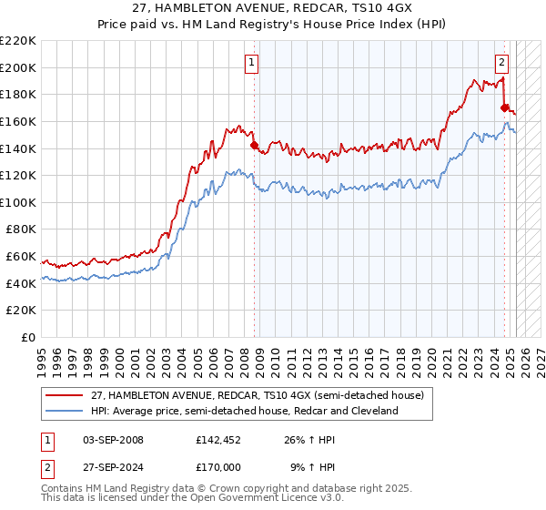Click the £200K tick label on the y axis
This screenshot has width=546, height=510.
coord(18,67)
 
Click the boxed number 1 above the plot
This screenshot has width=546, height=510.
coord(251,63)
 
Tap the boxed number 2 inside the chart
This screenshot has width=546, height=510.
coord(501,63)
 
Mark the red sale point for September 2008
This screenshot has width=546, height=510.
coord(254,145)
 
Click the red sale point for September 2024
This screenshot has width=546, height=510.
coord(504,107)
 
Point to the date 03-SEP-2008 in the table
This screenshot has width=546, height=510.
coord(111,440)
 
